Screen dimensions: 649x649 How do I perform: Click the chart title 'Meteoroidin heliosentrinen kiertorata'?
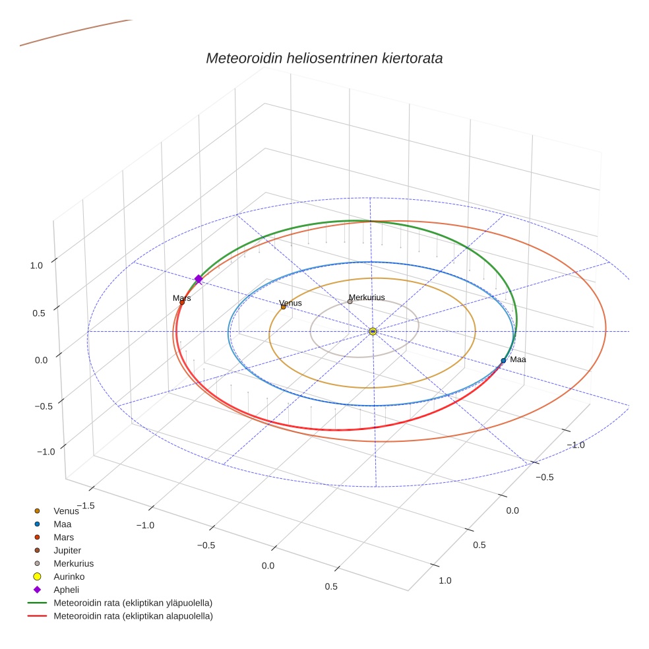324,58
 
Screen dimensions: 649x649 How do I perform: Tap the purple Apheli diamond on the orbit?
198,279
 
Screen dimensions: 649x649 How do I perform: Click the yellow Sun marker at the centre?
373,331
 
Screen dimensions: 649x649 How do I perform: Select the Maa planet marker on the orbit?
503,361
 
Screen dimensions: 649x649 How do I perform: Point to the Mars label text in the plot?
182,298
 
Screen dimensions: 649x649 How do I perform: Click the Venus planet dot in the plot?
283,307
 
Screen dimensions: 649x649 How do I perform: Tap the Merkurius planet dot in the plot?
350,301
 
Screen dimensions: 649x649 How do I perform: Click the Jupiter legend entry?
67,550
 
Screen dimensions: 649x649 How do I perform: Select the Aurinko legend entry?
69,576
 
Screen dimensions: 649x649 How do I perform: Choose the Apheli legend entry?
66,590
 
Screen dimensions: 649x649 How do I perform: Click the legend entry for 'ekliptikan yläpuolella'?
133,603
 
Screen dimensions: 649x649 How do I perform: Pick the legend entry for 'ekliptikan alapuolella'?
133,616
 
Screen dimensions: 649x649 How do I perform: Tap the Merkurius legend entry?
73,563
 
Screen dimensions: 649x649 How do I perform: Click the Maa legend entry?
63,524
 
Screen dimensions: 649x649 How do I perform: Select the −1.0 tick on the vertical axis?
45,451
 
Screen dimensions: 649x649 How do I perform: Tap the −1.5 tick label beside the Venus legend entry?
86,505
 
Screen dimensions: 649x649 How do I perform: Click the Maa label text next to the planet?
518,359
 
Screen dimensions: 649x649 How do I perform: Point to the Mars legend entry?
63,537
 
